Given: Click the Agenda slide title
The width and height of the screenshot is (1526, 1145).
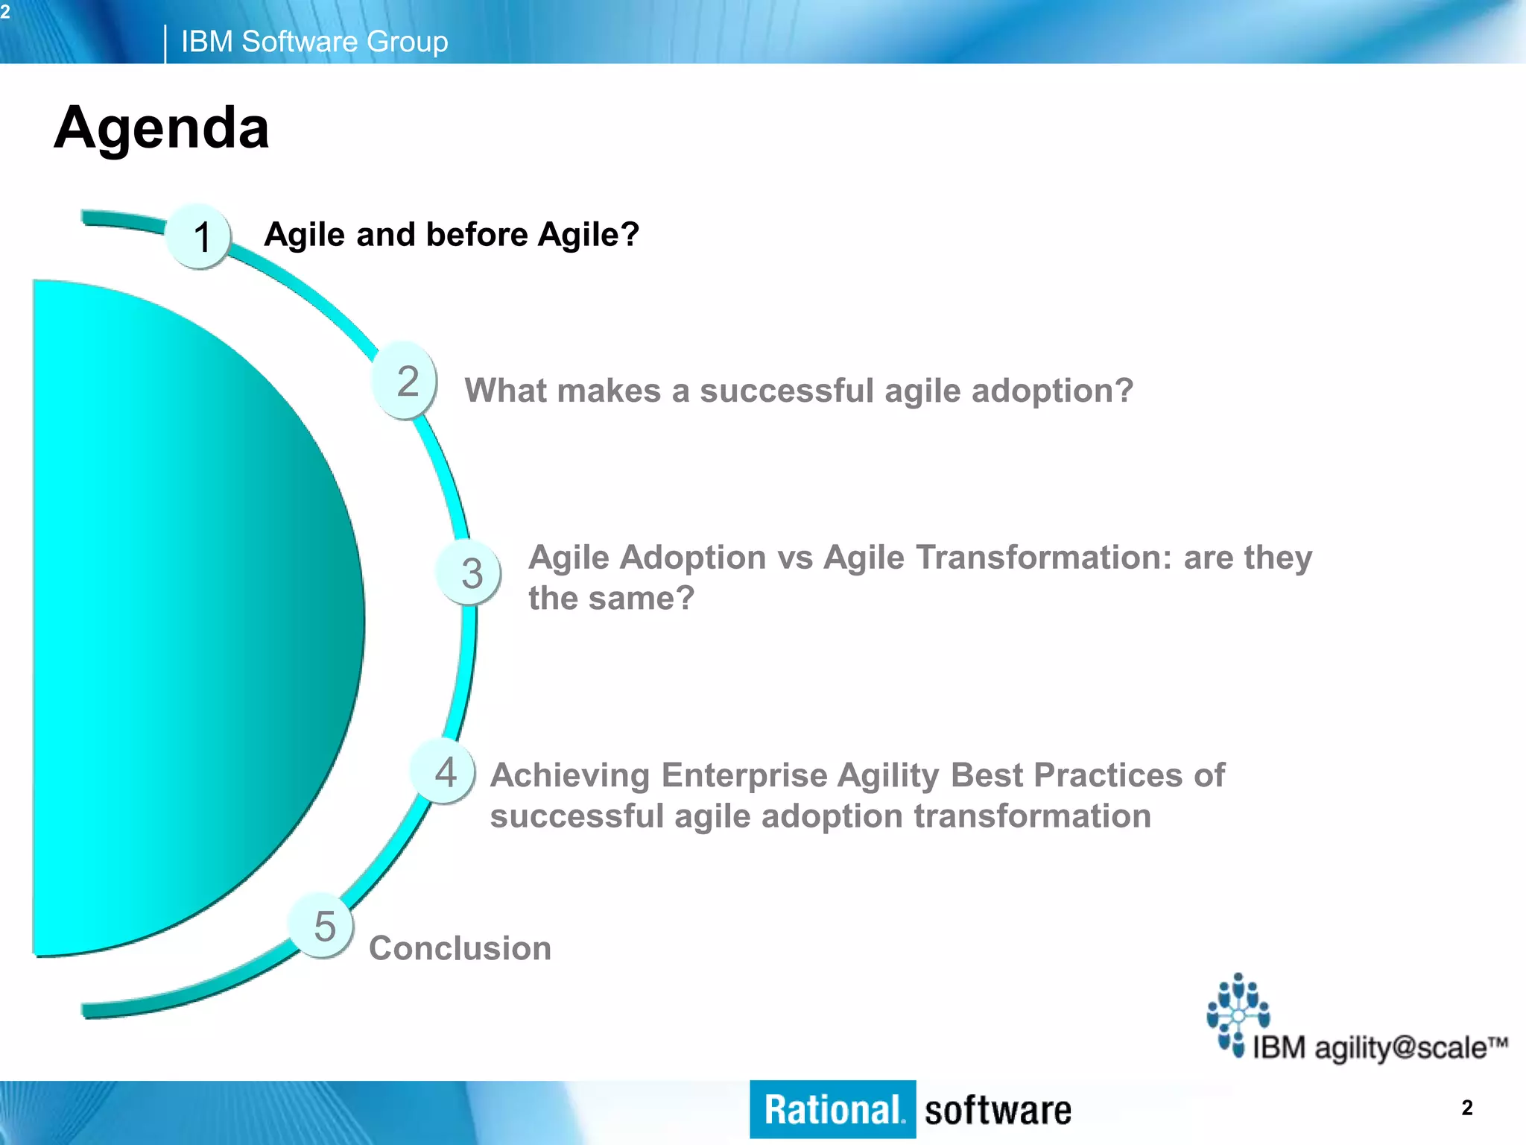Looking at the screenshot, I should [x=161, y=128].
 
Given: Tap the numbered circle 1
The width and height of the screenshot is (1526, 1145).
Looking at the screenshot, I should [x=199, y=236].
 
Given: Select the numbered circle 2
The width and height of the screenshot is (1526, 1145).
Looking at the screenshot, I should [x=405, y=380].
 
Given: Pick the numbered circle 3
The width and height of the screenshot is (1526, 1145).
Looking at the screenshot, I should [x=469, y=572].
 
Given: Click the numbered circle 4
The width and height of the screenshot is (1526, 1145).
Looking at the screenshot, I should [x=444, y=772].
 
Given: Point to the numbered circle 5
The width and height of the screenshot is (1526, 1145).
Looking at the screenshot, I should [x=322, y=926].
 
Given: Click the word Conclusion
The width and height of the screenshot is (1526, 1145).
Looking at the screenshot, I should [x=460, y=948].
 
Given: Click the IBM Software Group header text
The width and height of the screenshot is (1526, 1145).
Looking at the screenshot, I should [x=314, y=42].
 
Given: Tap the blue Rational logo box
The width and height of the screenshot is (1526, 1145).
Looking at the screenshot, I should [x=832, y=1109].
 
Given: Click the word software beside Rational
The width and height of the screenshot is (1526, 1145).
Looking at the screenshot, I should [x=997, y=1111].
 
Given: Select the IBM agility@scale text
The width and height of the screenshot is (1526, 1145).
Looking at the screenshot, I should [x=1378, y=1047].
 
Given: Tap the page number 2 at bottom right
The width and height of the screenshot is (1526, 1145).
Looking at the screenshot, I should [x=1466, y=1108].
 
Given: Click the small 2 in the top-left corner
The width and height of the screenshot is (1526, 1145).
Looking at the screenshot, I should [x=5, y=12].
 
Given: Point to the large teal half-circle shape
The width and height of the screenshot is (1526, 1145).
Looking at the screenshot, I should [x=186, y=619].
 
